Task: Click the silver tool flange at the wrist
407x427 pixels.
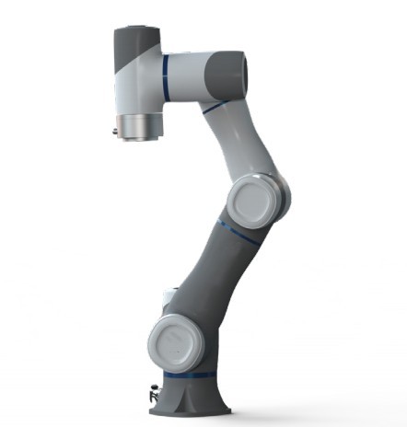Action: click(x=137, y=126)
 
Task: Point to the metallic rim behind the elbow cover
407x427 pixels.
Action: click(x=281, y=193)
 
